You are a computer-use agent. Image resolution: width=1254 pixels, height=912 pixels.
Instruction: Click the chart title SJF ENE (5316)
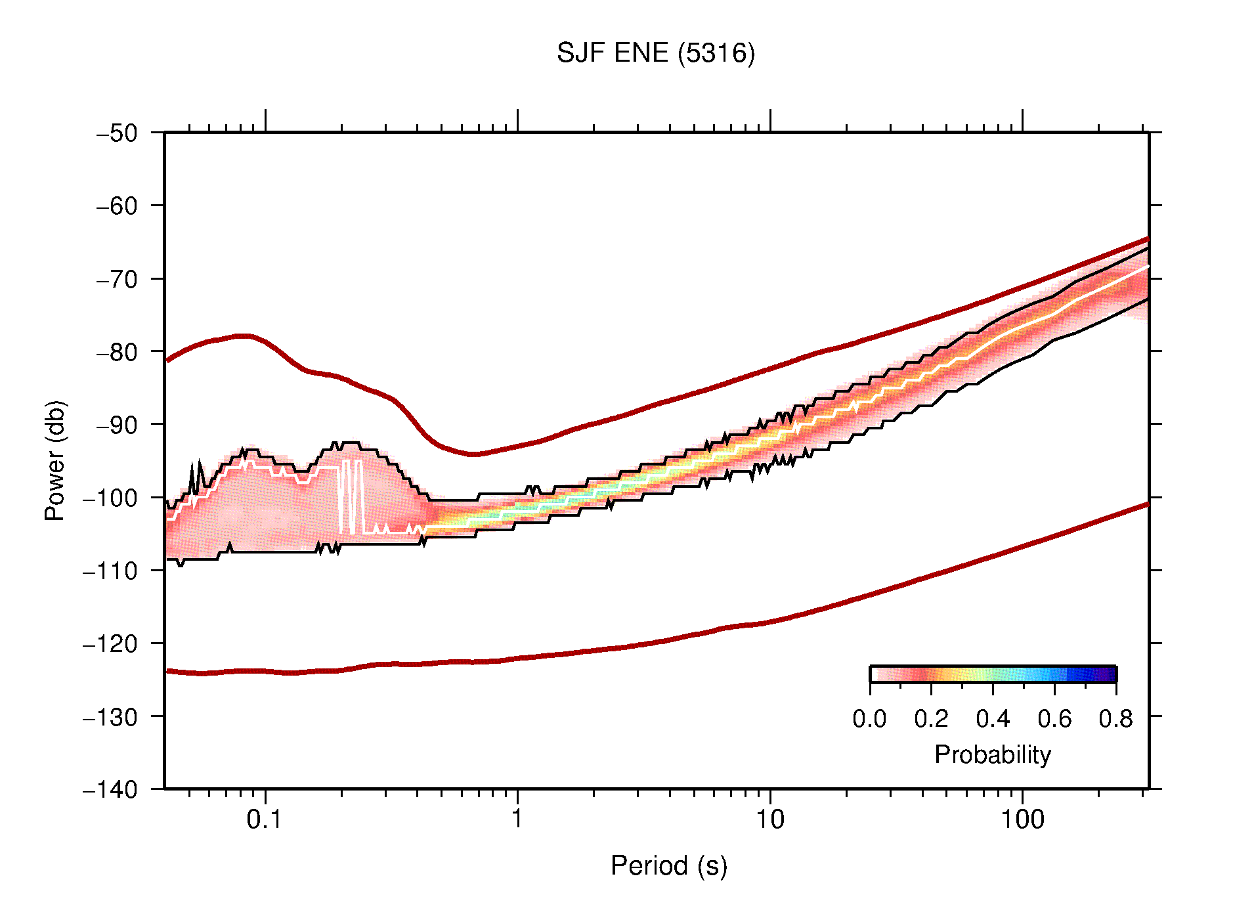(x=655, y=53)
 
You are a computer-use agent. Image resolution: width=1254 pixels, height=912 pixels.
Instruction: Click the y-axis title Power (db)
(x=55, y=460)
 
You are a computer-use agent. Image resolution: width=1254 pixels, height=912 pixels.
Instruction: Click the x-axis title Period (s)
(x=668, y=866)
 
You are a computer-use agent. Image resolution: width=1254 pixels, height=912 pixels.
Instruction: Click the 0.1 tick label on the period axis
(x=265, y=819)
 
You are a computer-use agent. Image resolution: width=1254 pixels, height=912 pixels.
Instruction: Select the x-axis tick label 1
(x=517, y=819)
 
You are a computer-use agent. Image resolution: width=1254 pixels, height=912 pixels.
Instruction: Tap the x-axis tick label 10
(x=769, y=819)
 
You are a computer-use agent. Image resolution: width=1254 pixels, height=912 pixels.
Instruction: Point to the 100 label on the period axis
(x=1022, y=819)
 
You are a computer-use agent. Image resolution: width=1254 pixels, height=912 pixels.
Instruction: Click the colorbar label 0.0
(x=869, y=719)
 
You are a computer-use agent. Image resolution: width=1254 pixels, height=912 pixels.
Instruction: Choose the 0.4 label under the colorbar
(x=993, y=719)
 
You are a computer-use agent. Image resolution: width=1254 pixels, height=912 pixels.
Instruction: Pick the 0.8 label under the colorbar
(x=1115, y=719)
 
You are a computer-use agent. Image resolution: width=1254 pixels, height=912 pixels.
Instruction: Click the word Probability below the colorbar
(x=992, y=755)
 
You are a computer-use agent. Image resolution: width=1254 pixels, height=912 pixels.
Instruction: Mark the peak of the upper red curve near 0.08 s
(x=244, y=336)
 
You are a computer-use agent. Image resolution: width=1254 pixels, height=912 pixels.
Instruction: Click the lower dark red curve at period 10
(x=769, y=622)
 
